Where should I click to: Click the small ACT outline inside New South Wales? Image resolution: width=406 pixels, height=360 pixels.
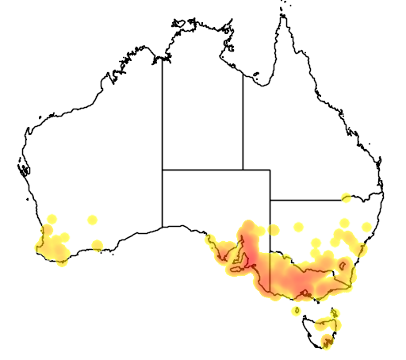[x=343, y=265]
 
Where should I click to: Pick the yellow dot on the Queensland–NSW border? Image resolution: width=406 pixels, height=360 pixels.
[x=347, y=197]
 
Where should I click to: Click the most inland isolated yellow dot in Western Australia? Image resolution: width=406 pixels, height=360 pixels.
[x=92, y=219]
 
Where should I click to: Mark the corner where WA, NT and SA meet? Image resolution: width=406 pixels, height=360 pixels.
[x=163, y=170]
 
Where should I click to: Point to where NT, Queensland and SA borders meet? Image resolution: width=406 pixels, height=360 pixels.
[x=243, y=170]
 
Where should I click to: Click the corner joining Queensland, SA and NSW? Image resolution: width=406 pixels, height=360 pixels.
[x=270, y=199]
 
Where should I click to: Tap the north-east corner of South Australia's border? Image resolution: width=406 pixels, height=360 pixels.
[x=270, y=170]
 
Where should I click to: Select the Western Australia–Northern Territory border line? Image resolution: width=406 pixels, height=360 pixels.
[x=163, y=119]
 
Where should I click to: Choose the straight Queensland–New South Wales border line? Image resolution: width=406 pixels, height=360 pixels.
[x=309, y=199]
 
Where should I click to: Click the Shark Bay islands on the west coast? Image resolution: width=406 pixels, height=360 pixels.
[x=23, y=169]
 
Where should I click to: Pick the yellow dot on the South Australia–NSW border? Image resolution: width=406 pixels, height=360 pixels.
[x=273, y=230]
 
